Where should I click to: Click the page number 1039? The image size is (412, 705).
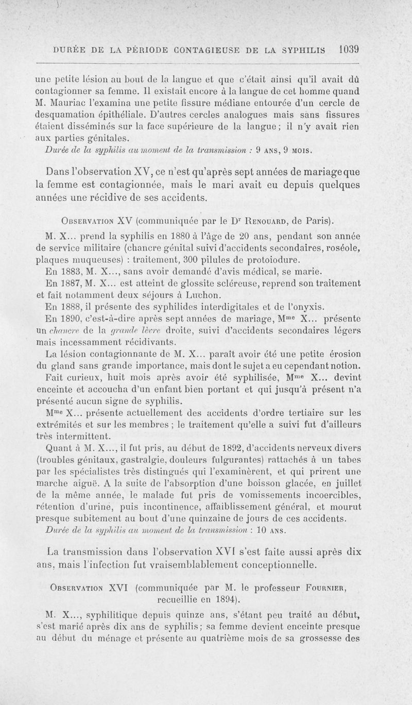click(x=349, y=50)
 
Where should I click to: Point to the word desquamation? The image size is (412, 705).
click(x=66, y=113)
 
